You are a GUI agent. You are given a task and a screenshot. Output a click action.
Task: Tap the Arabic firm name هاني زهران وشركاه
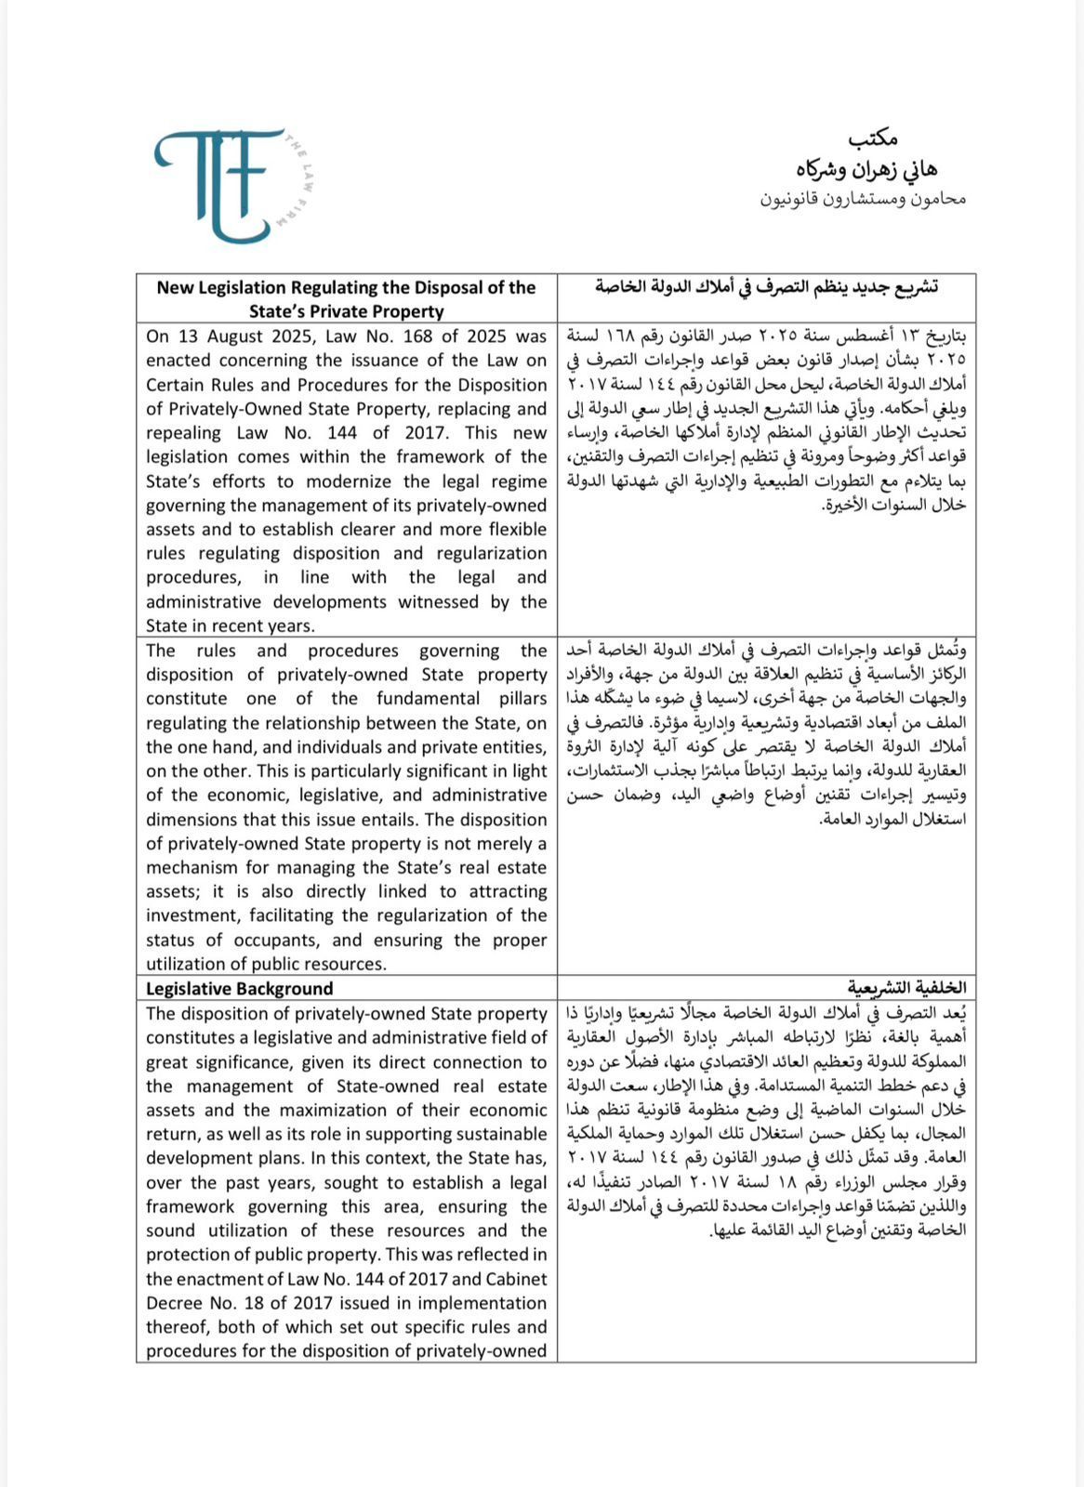(866, 170)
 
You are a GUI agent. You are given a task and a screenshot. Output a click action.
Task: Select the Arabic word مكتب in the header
(873, 139)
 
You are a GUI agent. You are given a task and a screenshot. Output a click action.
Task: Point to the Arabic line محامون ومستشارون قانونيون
(864, 199)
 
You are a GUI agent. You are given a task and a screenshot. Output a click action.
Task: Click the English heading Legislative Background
(240, 989)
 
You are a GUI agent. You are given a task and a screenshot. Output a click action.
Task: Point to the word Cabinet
(516, 1280)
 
